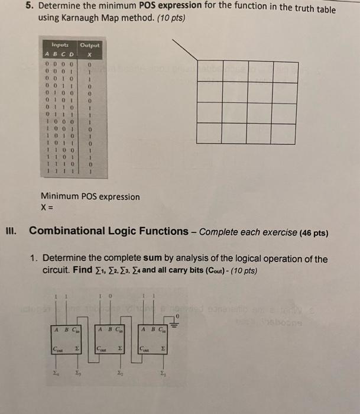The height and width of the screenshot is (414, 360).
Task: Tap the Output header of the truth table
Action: (90, 45)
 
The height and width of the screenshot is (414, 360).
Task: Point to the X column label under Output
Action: (90, 53)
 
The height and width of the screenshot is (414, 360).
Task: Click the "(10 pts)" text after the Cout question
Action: (244, 270)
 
